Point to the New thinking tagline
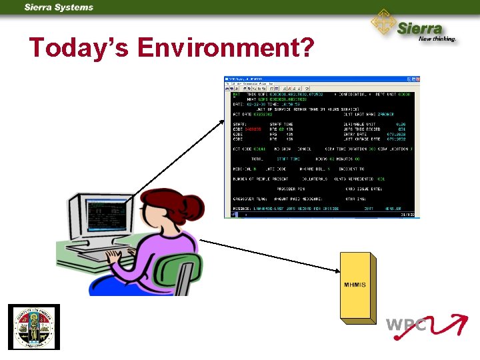click(437, 39)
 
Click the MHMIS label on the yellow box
click(355, 285)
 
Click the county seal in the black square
click(34, 327)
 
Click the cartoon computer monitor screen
click(96, 217)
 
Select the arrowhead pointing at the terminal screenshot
click(222, 120)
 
